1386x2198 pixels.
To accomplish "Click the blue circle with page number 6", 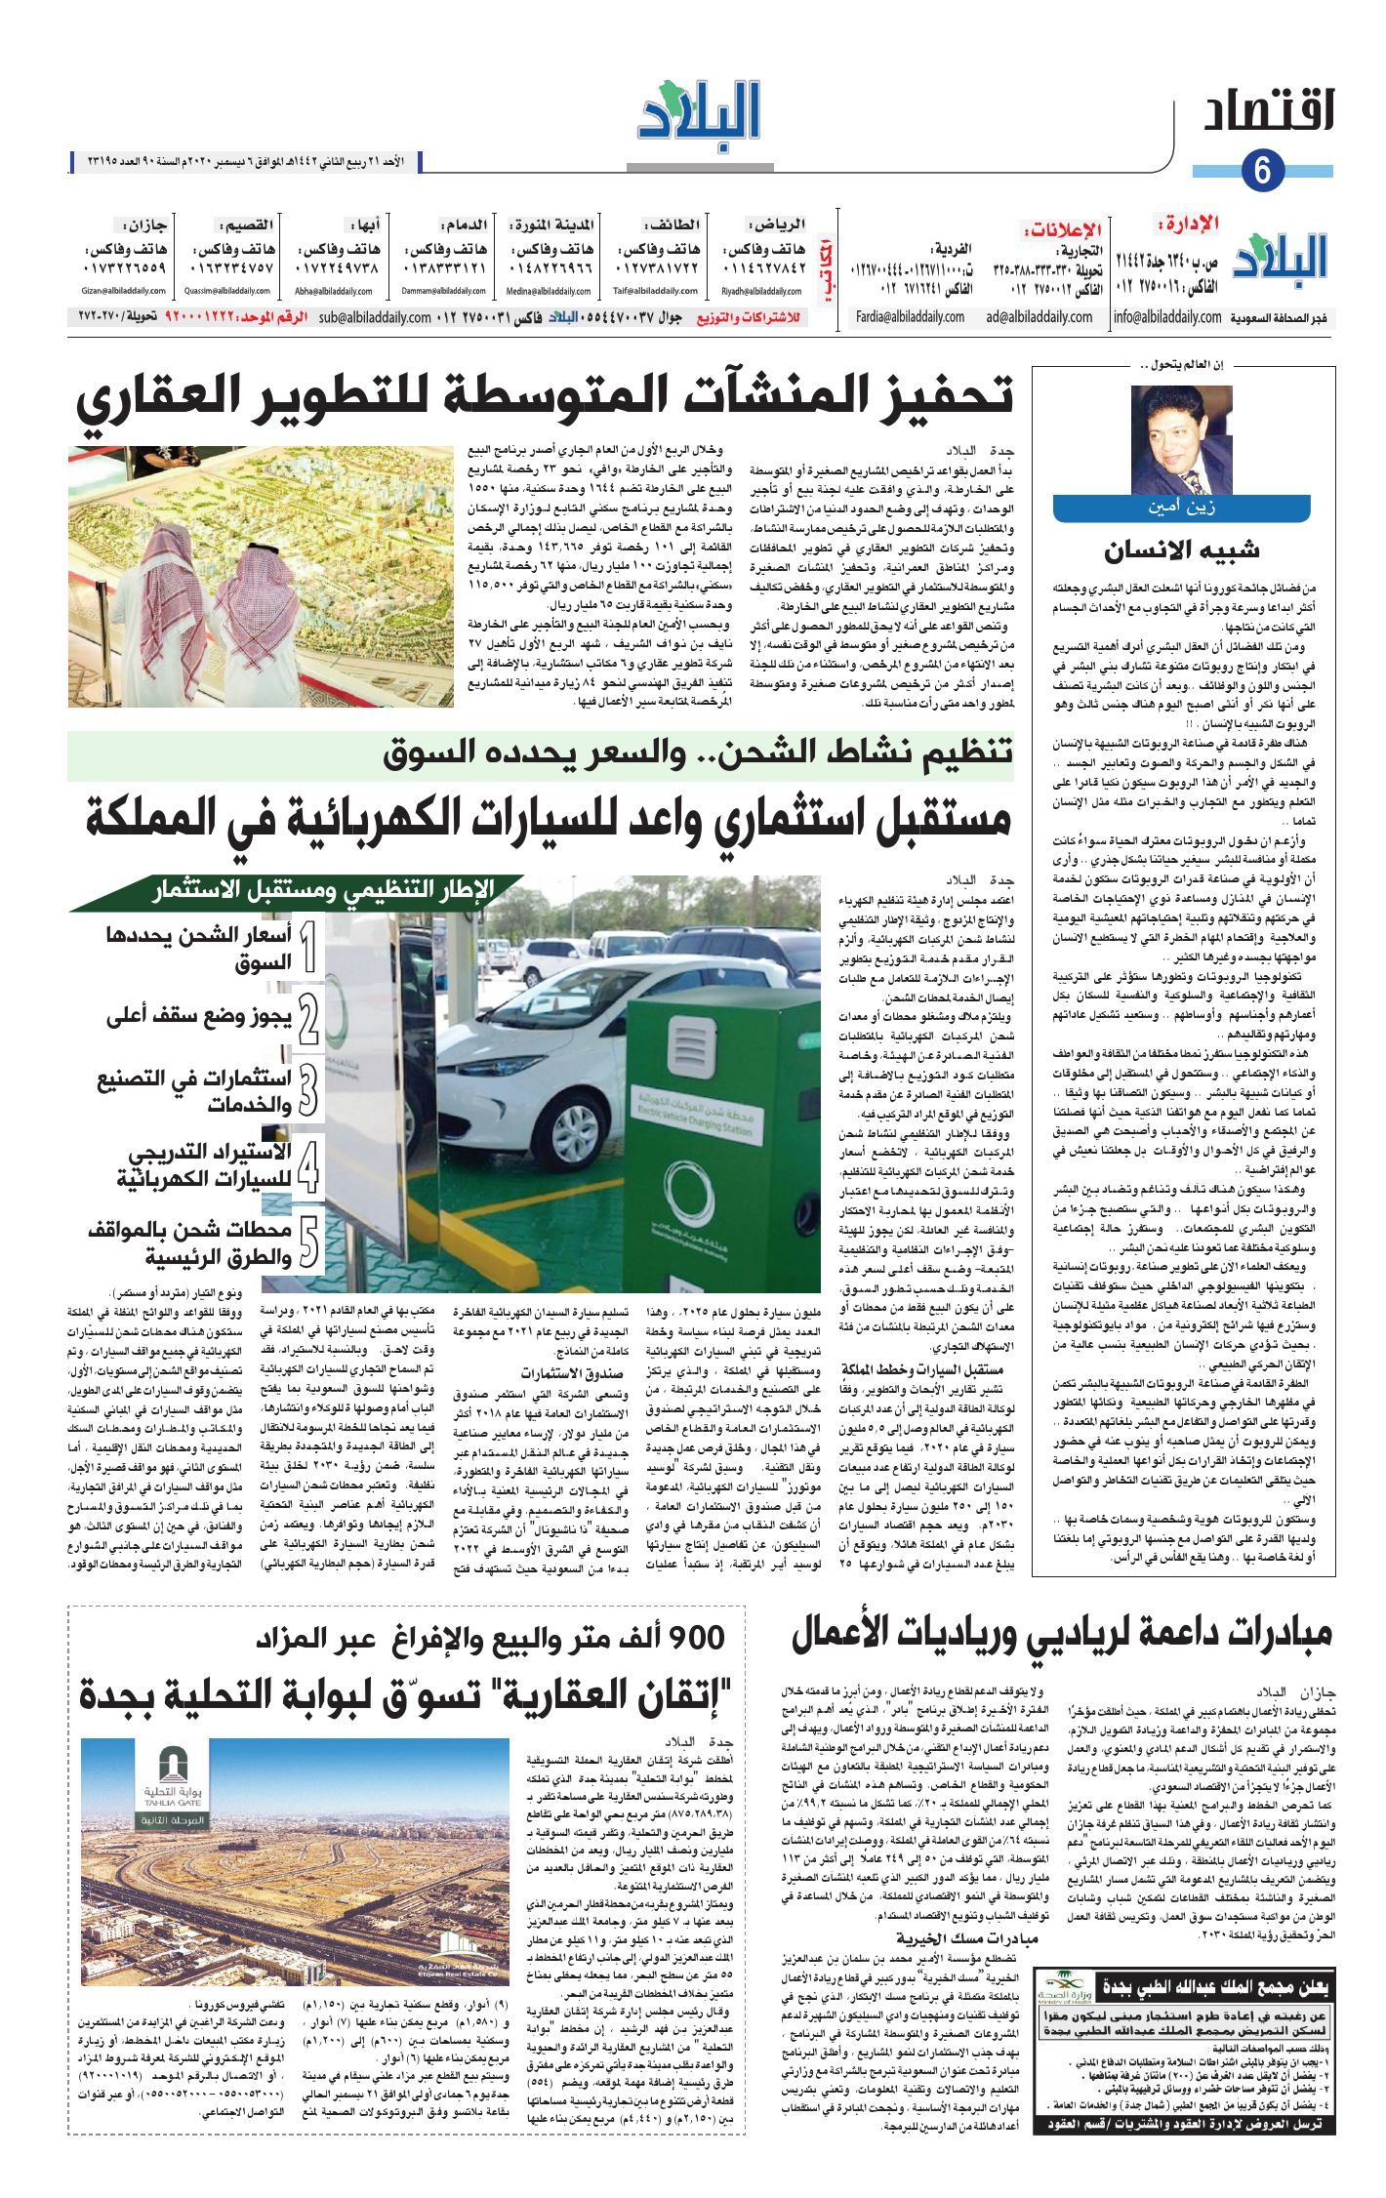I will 1261,171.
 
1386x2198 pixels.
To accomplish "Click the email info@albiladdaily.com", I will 1167,317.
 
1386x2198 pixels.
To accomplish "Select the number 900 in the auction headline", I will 692,1637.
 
